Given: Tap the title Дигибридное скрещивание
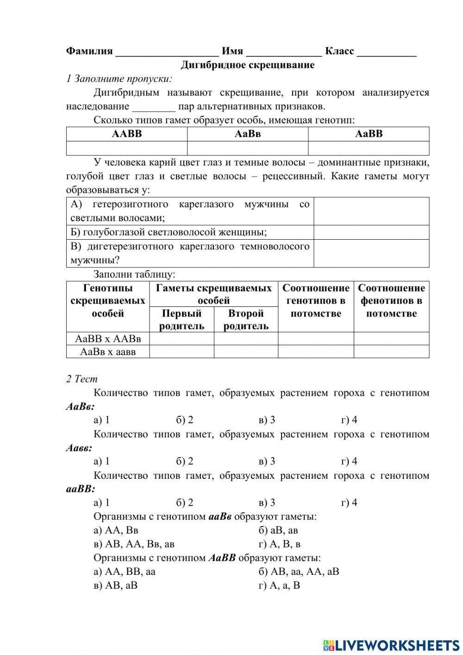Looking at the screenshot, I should pos(247,65).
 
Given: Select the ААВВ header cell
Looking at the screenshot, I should pos(127,134).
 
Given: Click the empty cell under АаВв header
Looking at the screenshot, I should pos(248,148).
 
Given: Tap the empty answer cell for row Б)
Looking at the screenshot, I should pos(371,232).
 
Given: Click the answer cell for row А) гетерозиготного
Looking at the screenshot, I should pos(371,211).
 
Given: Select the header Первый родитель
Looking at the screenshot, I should pos(181,319).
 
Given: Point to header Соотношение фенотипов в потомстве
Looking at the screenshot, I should pos(391,300).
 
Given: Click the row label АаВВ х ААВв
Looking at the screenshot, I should pos(108,339).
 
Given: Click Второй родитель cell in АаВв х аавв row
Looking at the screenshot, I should pos(246,352).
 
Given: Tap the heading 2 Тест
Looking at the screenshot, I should pos(82,379).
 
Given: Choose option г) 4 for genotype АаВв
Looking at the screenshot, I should pos(349,420).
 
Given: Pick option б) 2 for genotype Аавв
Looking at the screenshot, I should pos(184,461).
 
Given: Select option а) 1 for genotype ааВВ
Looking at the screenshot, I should pos(101,502).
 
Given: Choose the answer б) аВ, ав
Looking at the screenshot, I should pos(278,530).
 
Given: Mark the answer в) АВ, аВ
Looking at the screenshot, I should pos(115,585).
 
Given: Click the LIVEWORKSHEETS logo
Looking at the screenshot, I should pos(391,645).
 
